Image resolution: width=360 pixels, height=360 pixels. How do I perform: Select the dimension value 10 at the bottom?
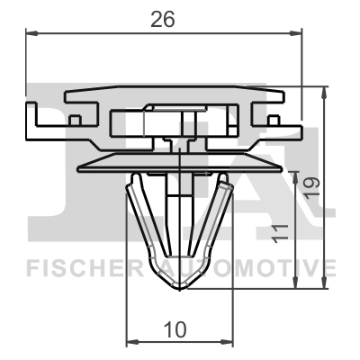coord(176,329)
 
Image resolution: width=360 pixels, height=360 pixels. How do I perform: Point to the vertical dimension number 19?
coord(310,186)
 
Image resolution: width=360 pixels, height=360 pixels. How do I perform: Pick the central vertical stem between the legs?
coord(178,216)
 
